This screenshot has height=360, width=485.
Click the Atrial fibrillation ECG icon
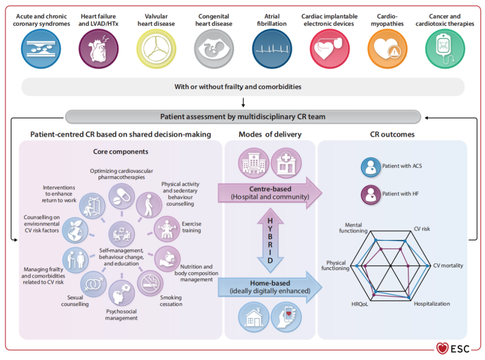pos(272,49)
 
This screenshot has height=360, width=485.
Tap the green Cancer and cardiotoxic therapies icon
pos(445,49)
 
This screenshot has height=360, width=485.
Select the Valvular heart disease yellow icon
pos(156,49)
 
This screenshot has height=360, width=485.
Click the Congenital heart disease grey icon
pos(214,49)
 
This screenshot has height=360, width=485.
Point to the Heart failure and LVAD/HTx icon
pos(98,49)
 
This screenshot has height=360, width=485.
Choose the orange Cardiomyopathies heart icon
pos(387,49)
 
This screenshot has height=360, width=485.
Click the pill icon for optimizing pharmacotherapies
pos(122,196)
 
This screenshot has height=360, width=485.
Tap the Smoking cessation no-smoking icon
pos(150,283)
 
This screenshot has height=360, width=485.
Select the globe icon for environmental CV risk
pos(75,230)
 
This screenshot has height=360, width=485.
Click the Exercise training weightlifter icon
pos(167,229)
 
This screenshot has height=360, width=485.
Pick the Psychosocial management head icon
pos(122,293)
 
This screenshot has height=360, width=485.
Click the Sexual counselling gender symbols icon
pos(93,284)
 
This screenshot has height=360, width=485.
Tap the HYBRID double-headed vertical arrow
pos(270,240)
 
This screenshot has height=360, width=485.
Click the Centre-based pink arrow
pos(270,193)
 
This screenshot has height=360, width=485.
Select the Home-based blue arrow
pos(270,287)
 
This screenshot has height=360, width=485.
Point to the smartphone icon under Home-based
pos(286,317)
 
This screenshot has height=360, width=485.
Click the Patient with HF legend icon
pos(370,195)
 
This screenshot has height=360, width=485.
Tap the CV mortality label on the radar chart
pos(448,266)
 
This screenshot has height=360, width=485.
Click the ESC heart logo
pos(442,348)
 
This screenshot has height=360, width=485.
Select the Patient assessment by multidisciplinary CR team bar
pos(243,117)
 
